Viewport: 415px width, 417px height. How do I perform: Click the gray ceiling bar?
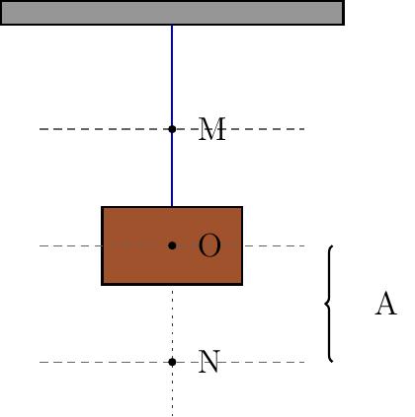[x=172, y=13]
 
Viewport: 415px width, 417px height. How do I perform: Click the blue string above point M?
[x=172, y=75]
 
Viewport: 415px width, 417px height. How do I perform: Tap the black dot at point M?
[x=172, y=129]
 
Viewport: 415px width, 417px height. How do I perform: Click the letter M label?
[x=212, y=129]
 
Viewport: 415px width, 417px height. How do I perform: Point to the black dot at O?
[x=172, y=245]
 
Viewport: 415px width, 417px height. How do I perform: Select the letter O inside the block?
[x=209, y=245]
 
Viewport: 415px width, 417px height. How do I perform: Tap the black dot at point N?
[x=172, y=362]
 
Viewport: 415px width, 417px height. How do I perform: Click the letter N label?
[x=209, y=362]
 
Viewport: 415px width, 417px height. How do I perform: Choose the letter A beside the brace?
[x=385, y=304]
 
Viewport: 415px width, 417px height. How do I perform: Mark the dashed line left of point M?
[x=104, y=129]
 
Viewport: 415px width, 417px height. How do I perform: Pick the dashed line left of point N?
[x=104, y=362]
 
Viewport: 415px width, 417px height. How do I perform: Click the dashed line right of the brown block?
[x=274, y=245]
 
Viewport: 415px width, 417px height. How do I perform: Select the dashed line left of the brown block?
[x=70, y=245]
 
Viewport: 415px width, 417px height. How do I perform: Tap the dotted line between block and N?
[x=172, y=321]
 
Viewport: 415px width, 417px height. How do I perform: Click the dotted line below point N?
[x=172, y=391]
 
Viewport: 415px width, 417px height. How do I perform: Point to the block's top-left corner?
[x=102, y=207]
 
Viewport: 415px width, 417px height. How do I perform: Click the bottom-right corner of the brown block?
[x=242, y=285]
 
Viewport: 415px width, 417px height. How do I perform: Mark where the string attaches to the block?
[x=172, y=207]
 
